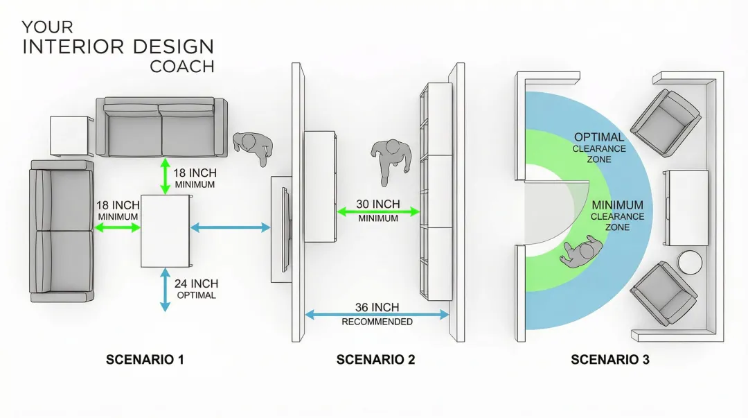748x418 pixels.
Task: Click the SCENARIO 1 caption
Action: [145, 360]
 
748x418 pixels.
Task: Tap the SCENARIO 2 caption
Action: [375, 360]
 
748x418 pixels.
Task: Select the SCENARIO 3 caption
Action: [609, 360]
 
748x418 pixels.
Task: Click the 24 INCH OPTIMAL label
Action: [196, 289]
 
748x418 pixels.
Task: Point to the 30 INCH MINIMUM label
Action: [378, 211]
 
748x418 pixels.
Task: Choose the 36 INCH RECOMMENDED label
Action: [377, 314]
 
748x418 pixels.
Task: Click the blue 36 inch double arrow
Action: [377, 314]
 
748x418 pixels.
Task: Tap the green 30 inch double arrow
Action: [378, 211]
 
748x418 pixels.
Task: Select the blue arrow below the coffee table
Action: [165, 289]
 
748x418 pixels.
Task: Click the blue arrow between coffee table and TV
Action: [229, 227]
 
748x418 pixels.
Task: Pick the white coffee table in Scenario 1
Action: [165, 231]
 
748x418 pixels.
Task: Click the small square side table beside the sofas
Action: [70, 136]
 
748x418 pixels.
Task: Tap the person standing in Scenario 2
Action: [389, 159]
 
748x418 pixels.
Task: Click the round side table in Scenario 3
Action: [689, 263]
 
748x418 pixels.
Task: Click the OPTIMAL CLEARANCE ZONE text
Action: [599, 148]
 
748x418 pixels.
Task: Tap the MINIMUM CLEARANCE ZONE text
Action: [617, 216]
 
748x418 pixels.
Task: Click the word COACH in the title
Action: [182, 67]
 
